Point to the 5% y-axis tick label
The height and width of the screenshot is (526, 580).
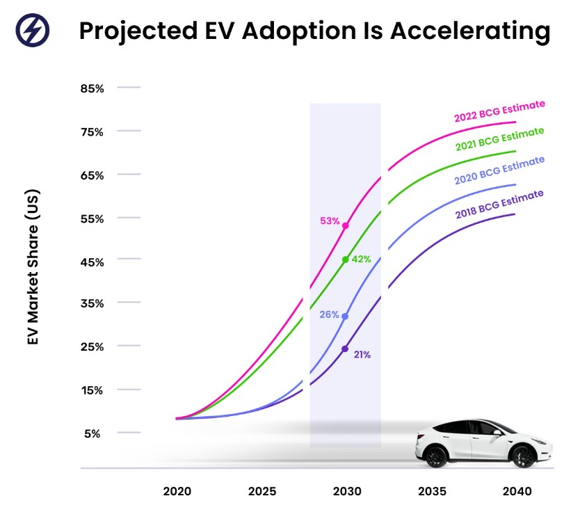(x=93, y=433)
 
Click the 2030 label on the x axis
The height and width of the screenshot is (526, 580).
(x=347, y=491)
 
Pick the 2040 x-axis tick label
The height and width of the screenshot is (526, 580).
(x=517, y=491)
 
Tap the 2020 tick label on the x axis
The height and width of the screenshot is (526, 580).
(x=177, y=491)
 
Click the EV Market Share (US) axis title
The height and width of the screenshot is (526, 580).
(x=33, y=267)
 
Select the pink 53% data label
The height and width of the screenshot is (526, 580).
(x=330, y=221)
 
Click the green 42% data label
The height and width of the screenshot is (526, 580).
(x=362, y=259)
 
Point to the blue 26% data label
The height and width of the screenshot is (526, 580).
(x=330, y=314)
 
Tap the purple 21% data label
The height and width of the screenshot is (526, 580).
(x=362, y=354)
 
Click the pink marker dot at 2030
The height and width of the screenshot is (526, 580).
(x=346, y=226)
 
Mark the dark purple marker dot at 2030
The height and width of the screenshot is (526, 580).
(x=345, y=349)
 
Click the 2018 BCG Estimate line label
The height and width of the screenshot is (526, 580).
(x=499, y=204)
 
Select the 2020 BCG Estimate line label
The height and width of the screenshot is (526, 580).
(x=499, y=170)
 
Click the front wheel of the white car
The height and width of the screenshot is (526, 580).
(x=436, y=456)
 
